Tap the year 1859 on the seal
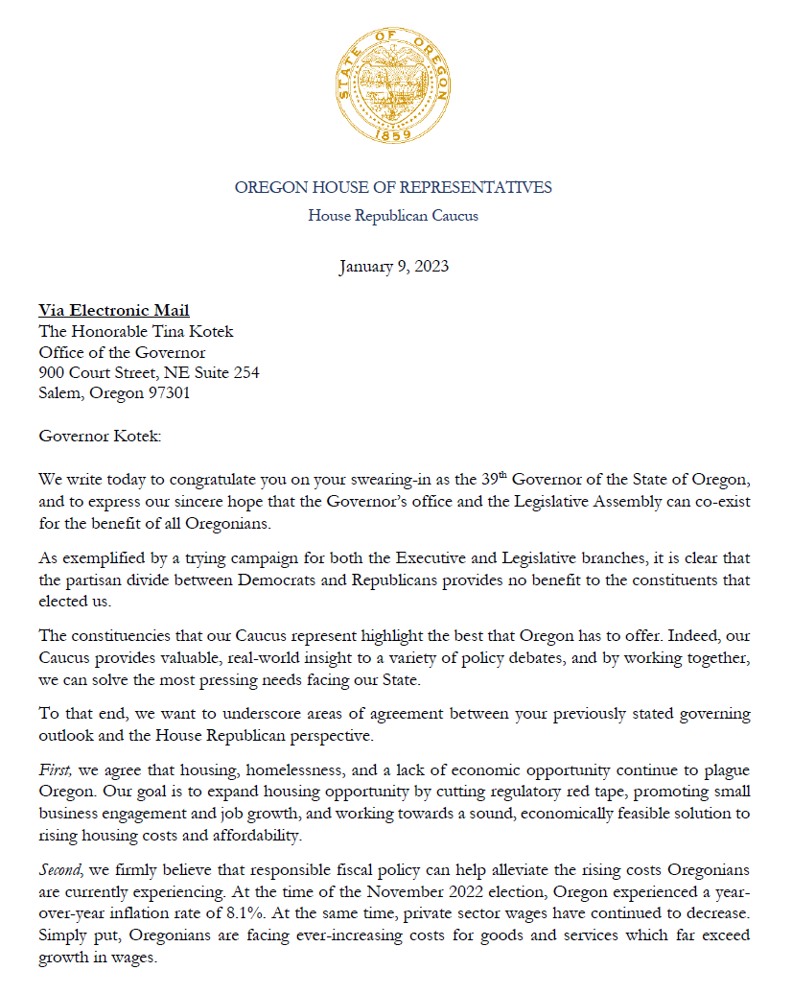click(x=393, y=136)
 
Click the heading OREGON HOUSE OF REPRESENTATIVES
click(x=393, y=187)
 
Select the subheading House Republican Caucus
click(x=393, y=216)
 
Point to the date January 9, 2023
click(x=393, y=266)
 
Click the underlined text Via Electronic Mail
click(x=114, y=310)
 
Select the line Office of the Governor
click(x=122, y=352)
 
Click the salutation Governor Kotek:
click(x=101, y=437)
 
